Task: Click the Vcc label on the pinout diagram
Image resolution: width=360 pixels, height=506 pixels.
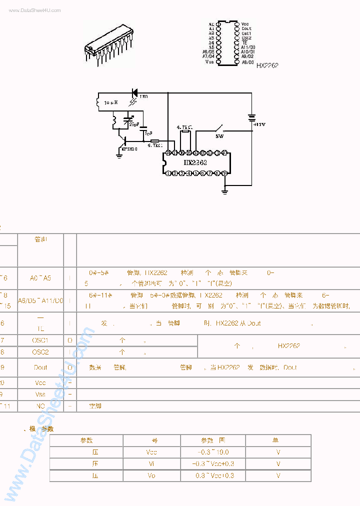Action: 245,24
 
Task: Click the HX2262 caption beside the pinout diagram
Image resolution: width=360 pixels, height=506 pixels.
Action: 267,65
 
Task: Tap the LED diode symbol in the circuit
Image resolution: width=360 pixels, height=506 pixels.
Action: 134,92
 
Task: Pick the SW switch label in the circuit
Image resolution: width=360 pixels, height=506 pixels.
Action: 219,135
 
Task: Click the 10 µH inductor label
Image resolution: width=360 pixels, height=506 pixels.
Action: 110,102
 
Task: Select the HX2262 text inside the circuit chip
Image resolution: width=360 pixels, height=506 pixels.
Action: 195,162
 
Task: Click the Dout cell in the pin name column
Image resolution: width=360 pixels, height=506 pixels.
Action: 40,367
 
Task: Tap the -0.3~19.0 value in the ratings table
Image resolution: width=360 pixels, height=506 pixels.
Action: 213,452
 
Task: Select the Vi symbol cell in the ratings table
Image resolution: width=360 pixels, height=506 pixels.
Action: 152,464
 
